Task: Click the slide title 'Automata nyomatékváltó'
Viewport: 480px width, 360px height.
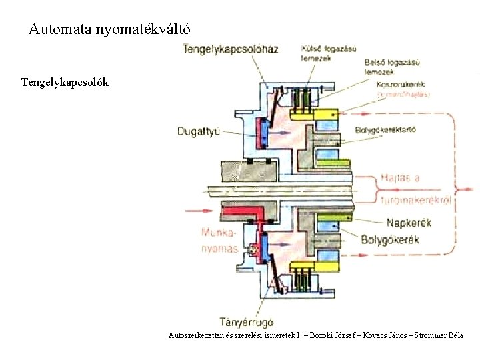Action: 110,29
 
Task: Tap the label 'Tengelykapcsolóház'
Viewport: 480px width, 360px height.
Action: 230,49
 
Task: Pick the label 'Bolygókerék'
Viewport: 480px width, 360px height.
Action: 390,239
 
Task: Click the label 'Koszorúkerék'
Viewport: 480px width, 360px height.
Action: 401,84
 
